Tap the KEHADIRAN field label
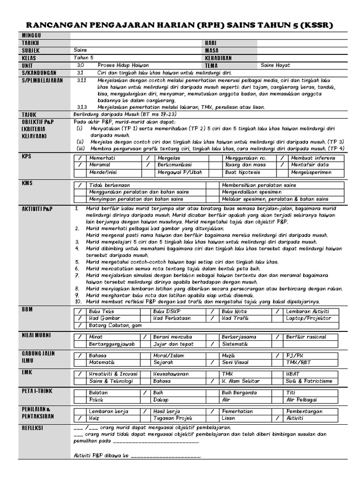[x=218, y=58]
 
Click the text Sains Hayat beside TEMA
[x=276, y=65]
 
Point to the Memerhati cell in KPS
[x=102, y=158]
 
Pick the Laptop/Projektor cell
[x=308, y=318]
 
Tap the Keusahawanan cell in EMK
[x=171, y=374]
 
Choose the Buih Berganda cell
[x=239, y=392]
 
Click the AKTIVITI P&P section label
[x=37, y=208]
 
